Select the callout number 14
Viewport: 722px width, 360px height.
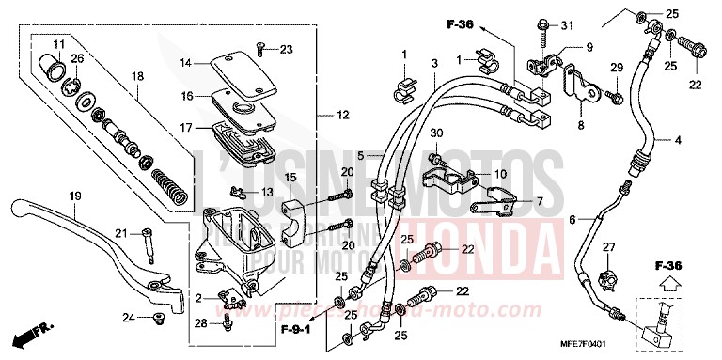point(186,63)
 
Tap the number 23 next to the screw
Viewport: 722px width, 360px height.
point(286,50)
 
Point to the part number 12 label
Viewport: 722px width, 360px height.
point(342,116)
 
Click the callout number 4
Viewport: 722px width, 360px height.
point(677,140)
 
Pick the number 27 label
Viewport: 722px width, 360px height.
point(608,247)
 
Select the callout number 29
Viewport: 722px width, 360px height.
point(617,68)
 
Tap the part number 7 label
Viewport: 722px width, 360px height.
point(540,201)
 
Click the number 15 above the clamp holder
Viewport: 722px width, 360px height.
point(290,177)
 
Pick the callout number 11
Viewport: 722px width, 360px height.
point(55,44)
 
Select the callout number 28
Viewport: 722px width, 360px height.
point(197,323)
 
